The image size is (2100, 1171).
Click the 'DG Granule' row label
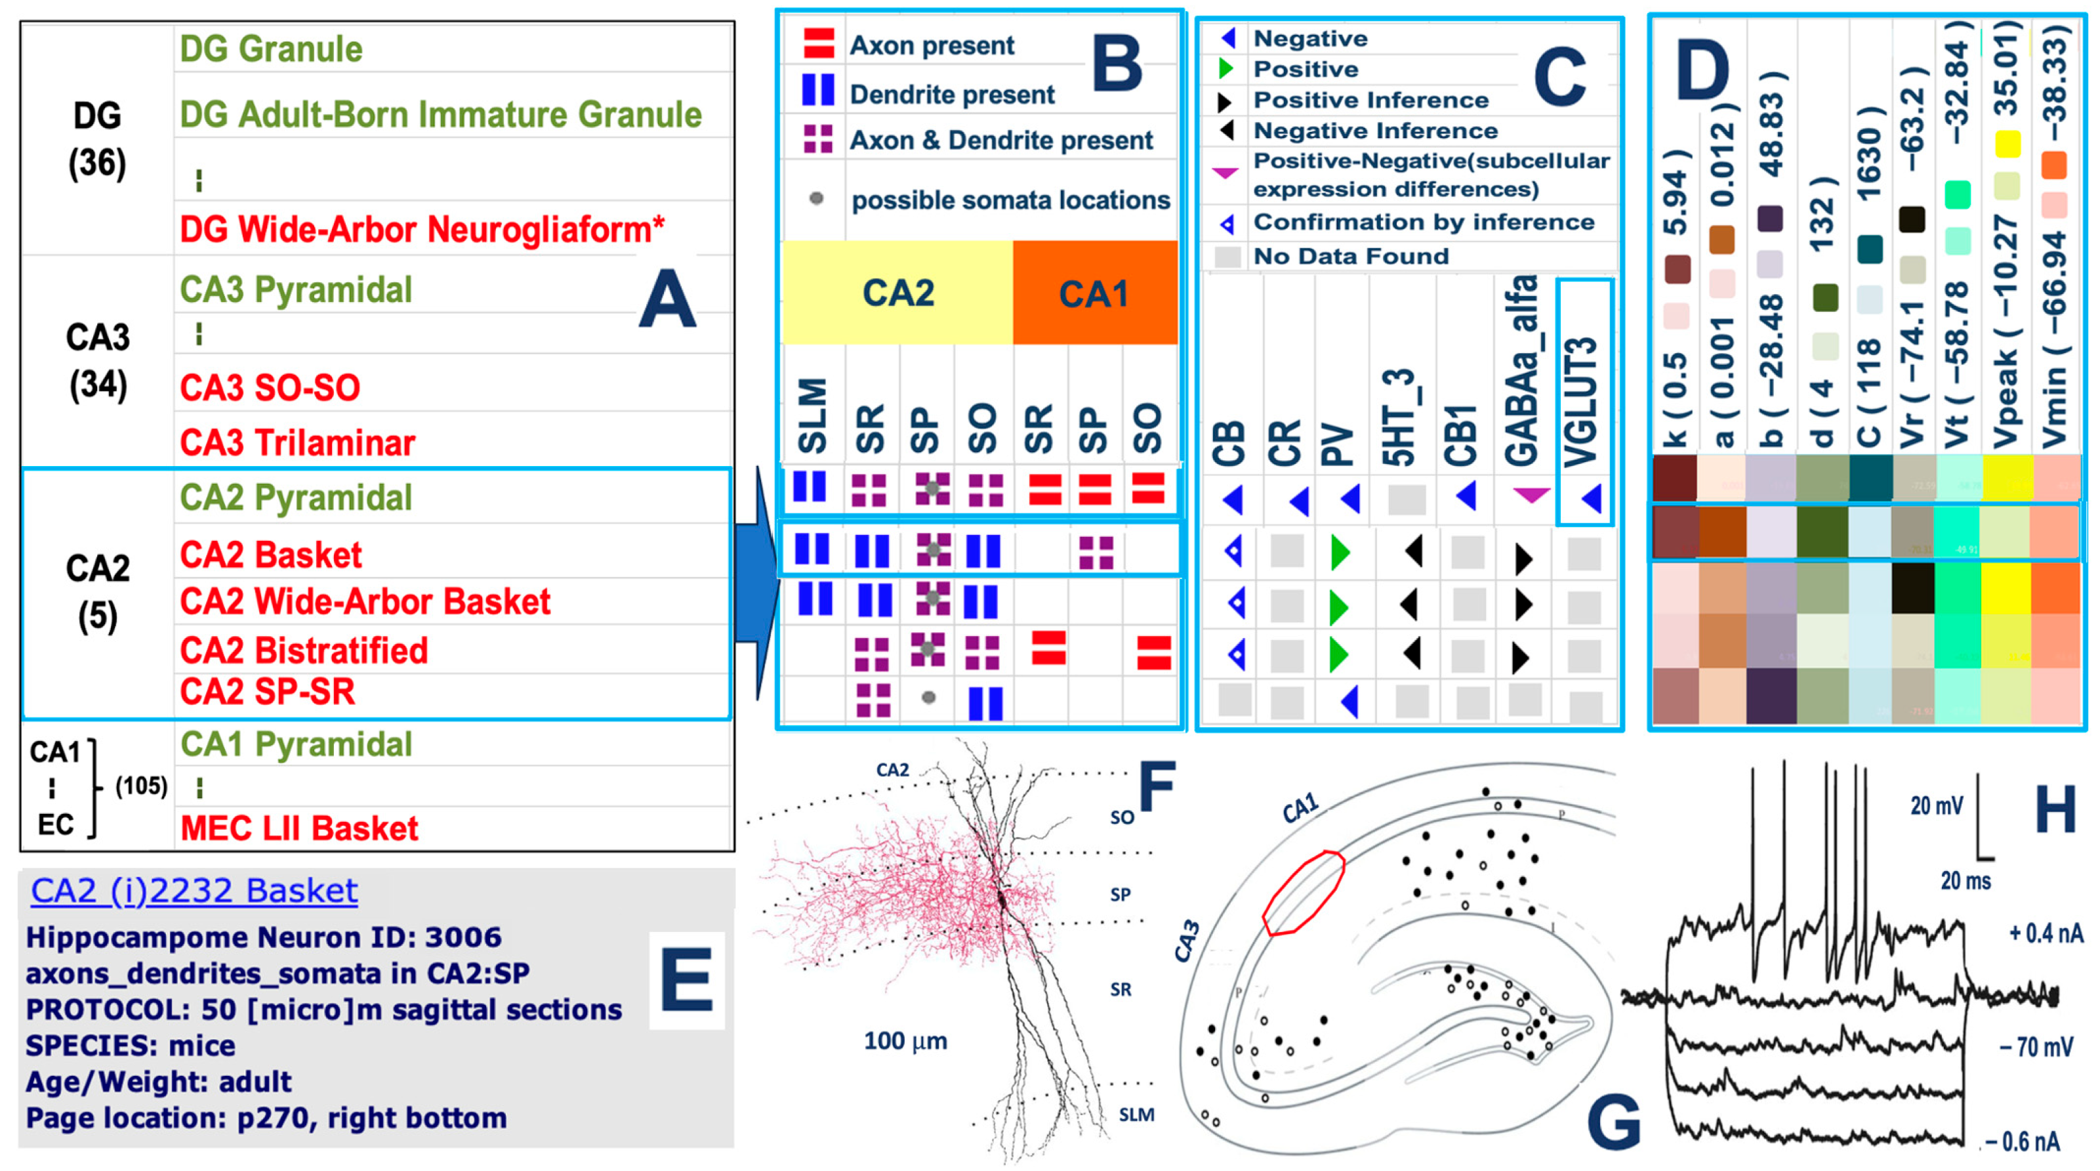pyautogui.click(x=271, y=50)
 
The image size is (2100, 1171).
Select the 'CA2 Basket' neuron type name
pyautogui.click(x=271, y=555)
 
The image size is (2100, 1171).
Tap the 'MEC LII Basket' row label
pyautogui.click(x=299, y=828)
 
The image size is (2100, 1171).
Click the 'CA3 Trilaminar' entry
pyautogui.click(x=298, y=443)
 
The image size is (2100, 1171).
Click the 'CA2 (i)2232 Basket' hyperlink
pyautogui.click(x=194, y=891)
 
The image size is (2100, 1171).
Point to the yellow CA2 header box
pyautogui.click(x=897, y=293)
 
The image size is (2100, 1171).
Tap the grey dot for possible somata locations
pyautogui.click(x=816, y=198)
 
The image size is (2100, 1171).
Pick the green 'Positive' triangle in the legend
pyautogui.click(x=1225, y=70)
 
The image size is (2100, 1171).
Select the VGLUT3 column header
pyautogui.click(x=1582, y=400)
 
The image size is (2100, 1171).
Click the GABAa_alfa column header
pyautogui.click(x=1521, y=371)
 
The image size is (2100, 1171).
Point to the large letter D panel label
pyautogui.click(x=1702, y=74)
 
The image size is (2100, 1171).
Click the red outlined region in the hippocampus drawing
pyautogui.click(x=1304, y=892)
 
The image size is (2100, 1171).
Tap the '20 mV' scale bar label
pyautogui.click(x=1937, y=805)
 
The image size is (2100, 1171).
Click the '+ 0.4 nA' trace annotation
pyautogui.click(x=2046, y=933)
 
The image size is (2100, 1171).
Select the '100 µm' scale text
pyautogui.click(x=906, y=1041)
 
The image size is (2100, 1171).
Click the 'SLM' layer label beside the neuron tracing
pyautogui.click(x=1136, y=1115)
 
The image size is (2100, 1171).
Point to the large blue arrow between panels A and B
pyautogui.click(x=755, y=583)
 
